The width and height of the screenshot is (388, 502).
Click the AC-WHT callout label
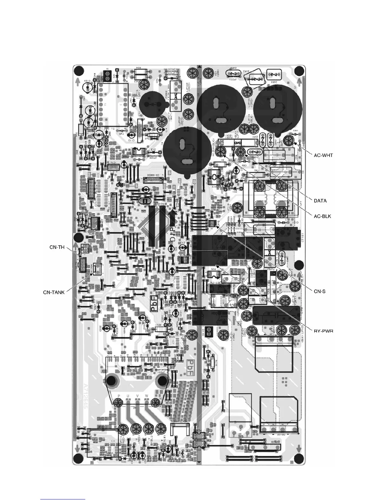coord(323,155)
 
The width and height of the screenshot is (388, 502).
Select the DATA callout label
coord(320,201)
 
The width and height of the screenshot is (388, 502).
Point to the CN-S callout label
coord(320,291)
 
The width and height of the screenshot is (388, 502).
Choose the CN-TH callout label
coord(57,247)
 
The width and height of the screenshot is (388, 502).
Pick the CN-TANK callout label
coord(54,292)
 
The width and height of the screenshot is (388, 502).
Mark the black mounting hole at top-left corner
coord(80,70)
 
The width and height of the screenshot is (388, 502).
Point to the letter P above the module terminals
coord(119,396)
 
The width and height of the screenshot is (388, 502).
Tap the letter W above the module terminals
coord(146,396)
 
